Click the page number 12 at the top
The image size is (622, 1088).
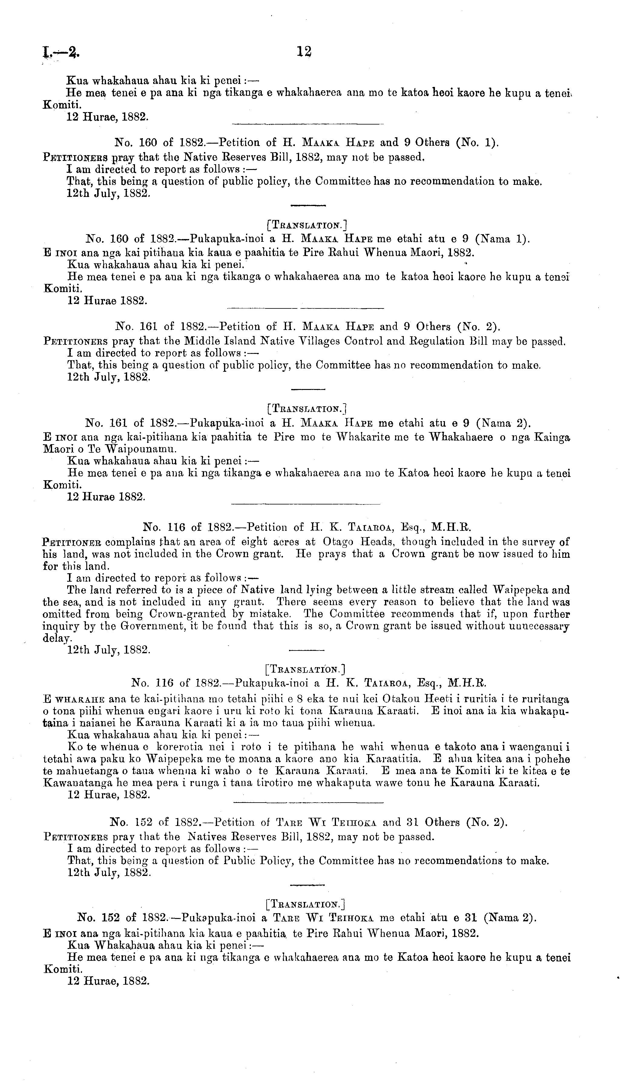tap(304, 52)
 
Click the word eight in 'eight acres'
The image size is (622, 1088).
tap(255, 542)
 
